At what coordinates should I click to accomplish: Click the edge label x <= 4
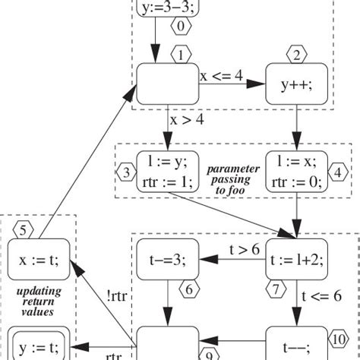(x=222, y=76)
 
